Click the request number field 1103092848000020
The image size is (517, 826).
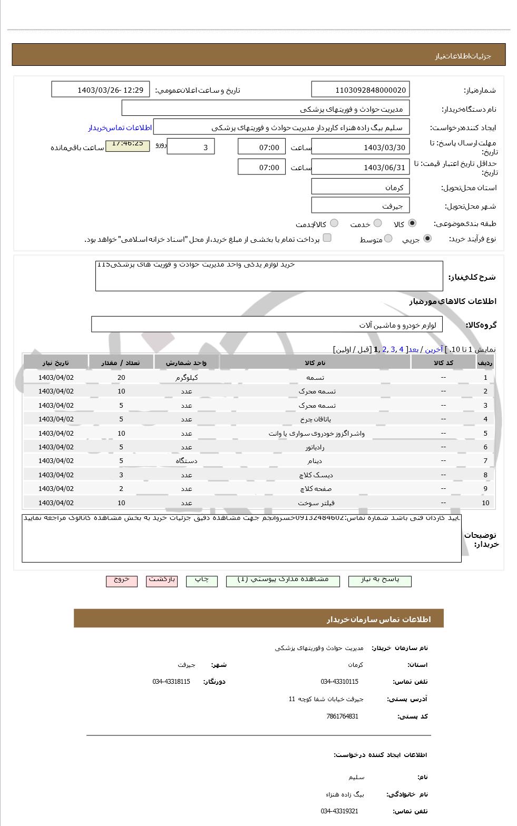click(x=360, y=90)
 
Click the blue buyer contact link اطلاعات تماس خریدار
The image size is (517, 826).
click(x=120, y=128)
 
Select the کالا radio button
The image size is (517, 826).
click(x=412, y=223)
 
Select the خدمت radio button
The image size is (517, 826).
click(x=377, y=223)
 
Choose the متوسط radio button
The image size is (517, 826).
click(x=388, y=239)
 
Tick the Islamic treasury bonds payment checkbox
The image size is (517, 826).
click(x=327, y=238)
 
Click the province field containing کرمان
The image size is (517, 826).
click(x=360, y=187)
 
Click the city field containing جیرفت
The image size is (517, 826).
click(x=360, y=205)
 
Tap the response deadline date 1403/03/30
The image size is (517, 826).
click(x=360, y=147)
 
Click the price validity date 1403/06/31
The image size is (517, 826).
click(x=360, y=168)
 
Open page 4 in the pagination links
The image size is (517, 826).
click(x=401, y=349)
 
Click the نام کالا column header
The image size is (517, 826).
click(x=315, y=362)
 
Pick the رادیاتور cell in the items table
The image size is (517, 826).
click(x=315, y=447)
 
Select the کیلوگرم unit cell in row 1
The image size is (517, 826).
click(x=187, y=377)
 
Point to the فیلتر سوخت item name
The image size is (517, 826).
click(x=316, y=503)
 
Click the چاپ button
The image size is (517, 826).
click(x=201, y=580)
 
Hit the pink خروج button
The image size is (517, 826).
click(x=122, y=580)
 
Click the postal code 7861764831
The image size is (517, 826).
click(x=342, y=716)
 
